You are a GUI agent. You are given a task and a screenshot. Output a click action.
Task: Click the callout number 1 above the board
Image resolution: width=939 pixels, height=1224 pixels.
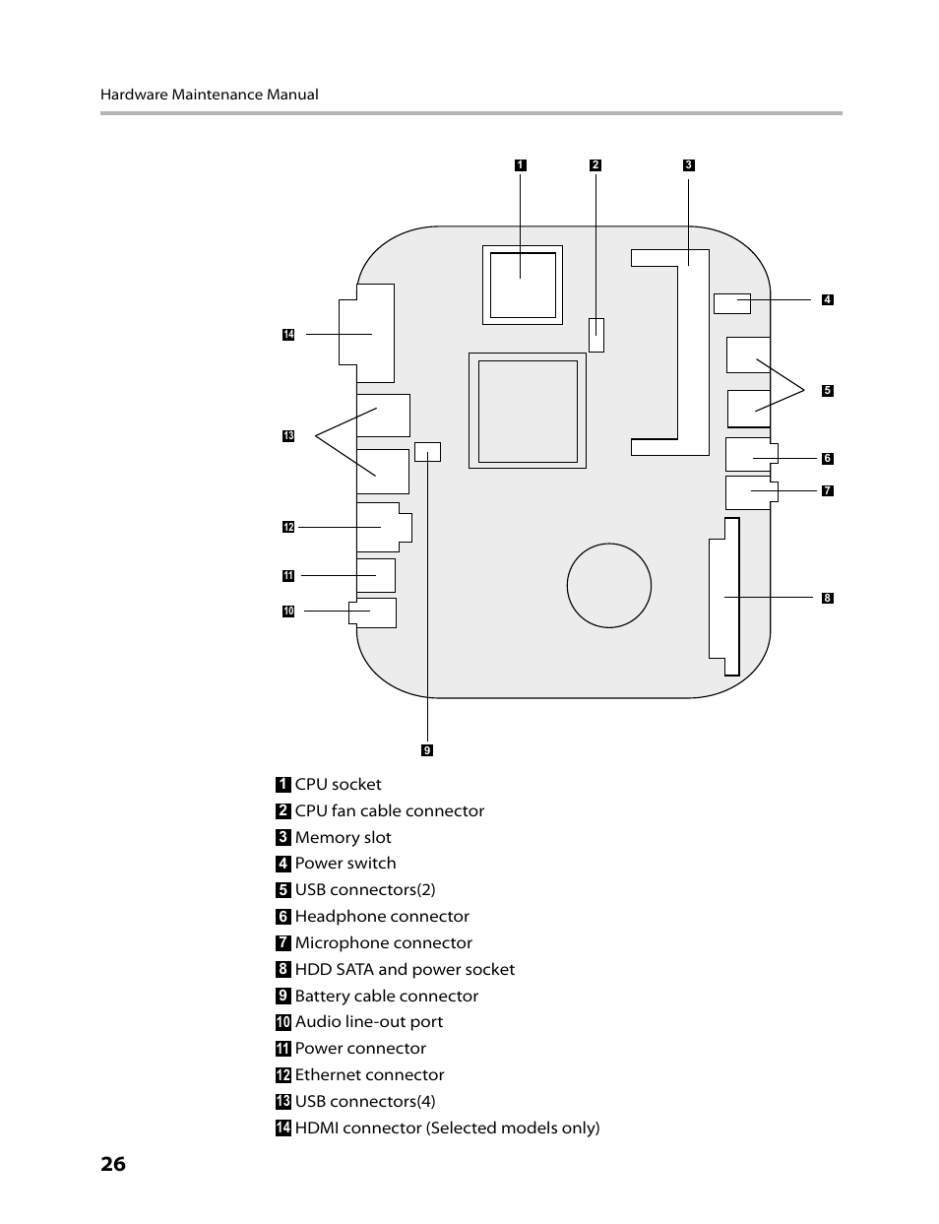coord(520,165)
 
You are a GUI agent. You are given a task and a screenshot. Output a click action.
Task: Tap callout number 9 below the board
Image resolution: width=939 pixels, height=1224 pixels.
coord(427,750)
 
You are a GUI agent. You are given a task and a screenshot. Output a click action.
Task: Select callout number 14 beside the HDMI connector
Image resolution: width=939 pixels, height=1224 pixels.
coord(288,335)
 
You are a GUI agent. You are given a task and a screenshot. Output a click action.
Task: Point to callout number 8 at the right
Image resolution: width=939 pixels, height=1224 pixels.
coord(828,598)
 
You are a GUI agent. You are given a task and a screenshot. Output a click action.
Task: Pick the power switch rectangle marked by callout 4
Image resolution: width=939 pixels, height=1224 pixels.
coord(732,303)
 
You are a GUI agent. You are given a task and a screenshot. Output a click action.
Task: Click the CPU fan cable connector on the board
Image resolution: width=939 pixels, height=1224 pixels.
coord(596,335)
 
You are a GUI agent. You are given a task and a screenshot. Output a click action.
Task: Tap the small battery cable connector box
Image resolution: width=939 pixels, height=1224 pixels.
coord(428,452)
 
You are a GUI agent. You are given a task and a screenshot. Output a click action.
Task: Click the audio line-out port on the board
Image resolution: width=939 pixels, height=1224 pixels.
coord(373,612)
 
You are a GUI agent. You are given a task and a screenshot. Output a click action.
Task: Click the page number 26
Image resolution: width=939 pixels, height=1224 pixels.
coord(113,1164)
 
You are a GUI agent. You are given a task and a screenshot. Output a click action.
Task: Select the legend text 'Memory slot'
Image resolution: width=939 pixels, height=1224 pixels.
coord(343,837)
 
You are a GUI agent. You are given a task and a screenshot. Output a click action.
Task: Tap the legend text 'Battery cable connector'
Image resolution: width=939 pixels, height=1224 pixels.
coord(387,996)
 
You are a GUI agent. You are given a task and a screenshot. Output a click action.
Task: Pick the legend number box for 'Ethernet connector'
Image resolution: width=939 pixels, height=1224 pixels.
coord(283,1074)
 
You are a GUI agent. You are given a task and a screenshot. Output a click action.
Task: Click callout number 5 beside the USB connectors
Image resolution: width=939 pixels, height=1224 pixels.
coord(828,390)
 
